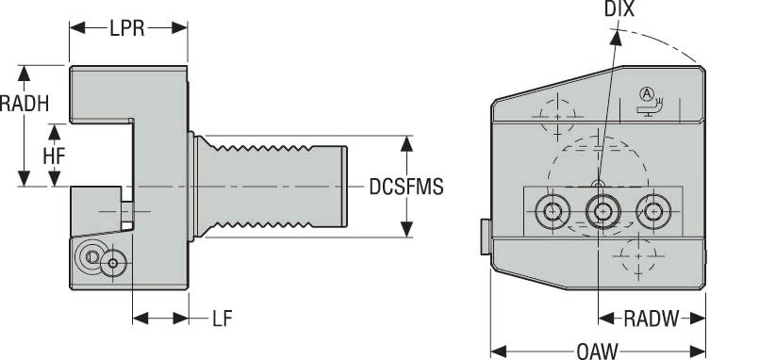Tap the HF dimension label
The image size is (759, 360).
coord(54,155)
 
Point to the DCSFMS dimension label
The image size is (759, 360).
coord(406,187)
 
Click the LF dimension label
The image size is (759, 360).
coord(222,318)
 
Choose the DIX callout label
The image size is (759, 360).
coord(621,10)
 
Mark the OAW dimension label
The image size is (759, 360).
coord(597,351)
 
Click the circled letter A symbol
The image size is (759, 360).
coord(646,92)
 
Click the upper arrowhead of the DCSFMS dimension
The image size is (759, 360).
coord(407,141)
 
